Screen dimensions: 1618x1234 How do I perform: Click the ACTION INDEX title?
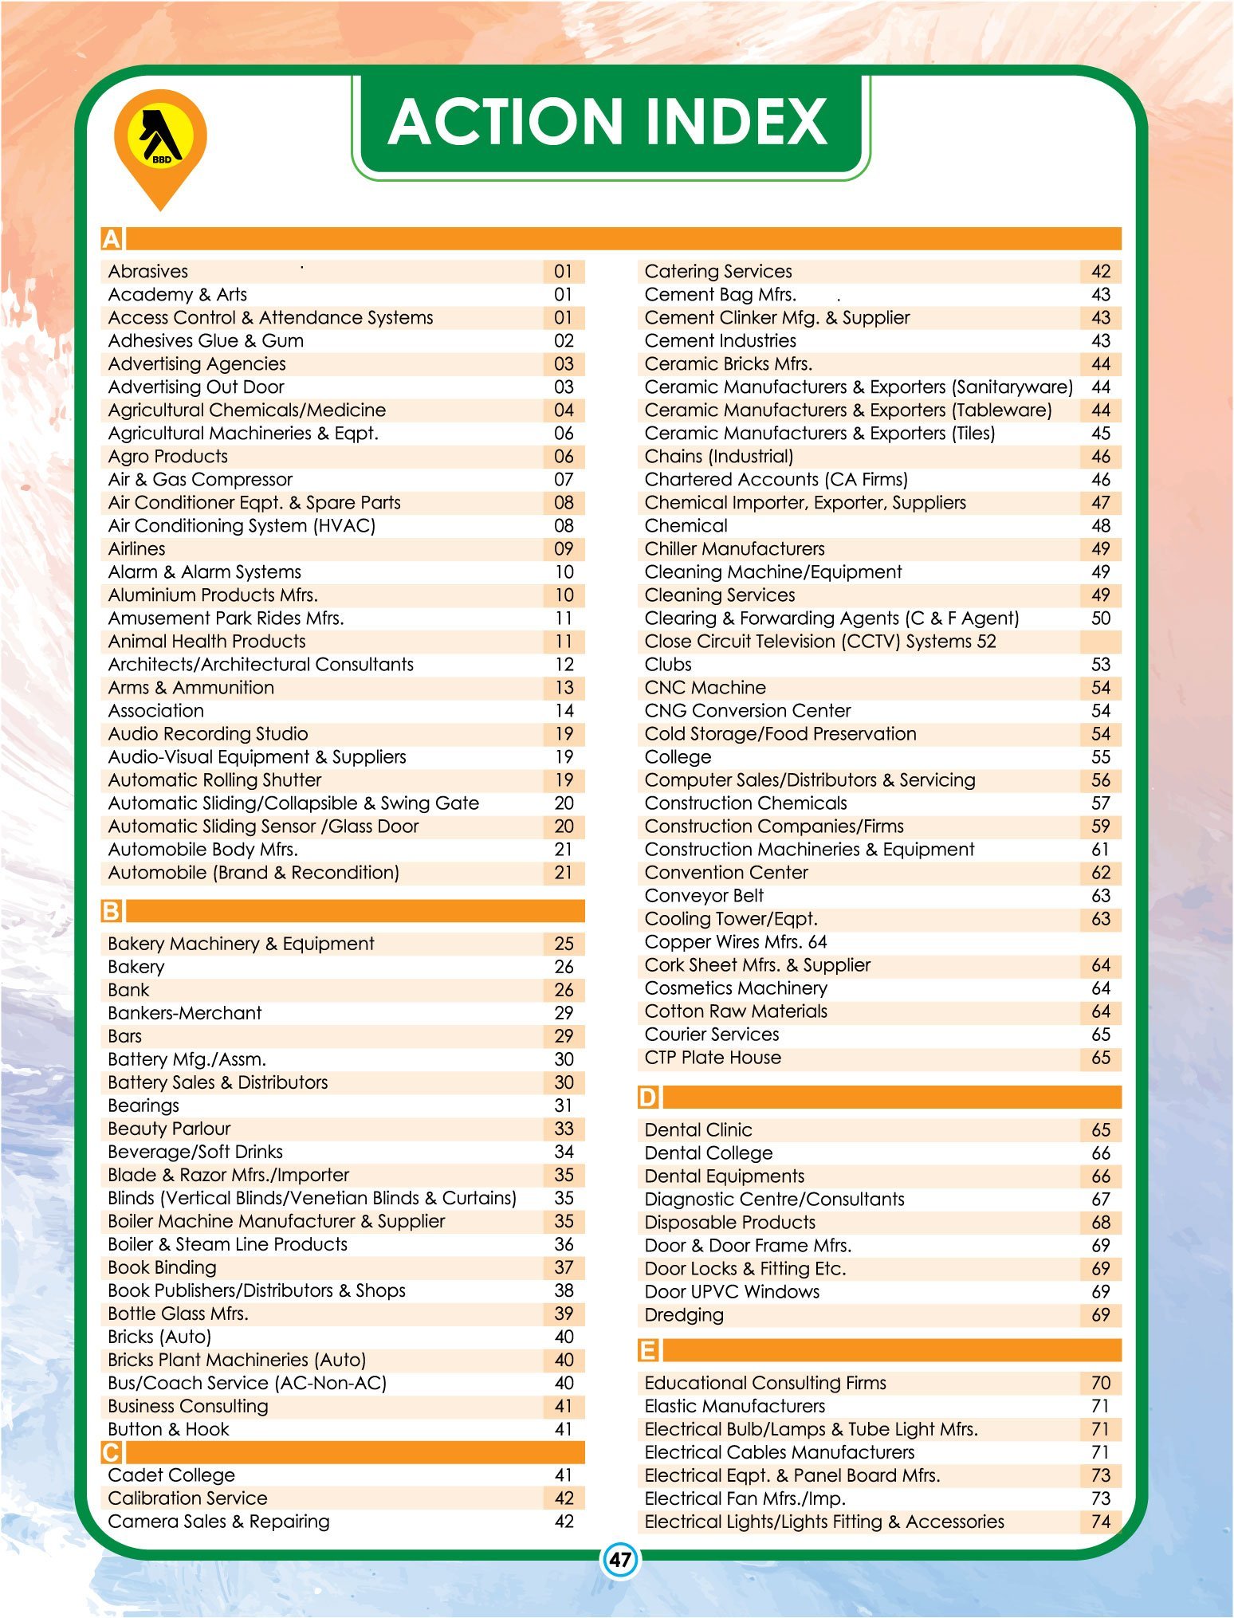pyautogui.click(x=608, y=122)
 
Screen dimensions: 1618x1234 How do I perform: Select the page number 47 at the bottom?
pyautogui.click(x=619, y=1559)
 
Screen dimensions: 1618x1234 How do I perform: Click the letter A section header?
pyautogui.click(x=112, y=239)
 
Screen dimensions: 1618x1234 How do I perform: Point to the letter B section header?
pyautogui.click(x=112, y=911)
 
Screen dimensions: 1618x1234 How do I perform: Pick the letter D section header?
pyautogui.click(x=648, y=1098)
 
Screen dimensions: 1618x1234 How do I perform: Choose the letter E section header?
pyautogui.click(x=648, y=1350)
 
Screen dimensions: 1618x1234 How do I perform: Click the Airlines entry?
pyautogui.click(x=137, y=549)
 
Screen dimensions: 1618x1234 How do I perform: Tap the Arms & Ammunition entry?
pyautogui.click(x=191, y=688)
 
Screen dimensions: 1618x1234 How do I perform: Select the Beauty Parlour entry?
pyautogui.click(x=169, y=1129)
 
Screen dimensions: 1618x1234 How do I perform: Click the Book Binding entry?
pyautogui.click(x=163, y=1267)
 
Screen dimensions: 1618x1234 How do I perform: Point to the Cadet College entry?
pyautogui.click(x=171, y=1475)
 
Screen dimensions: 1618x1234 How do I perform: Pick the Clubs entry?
pyautogui.click(x=668, y=665)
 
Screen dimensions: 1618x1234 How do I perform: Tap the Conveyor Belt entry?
pyautogui.click(x=704, y=896)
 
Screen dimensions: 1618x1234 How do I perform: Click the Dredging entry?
pyautogui.click(x=684, y=1315)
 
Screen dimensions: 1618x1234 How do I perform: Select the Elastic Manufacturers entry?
pyautogui.click(x=734, y=1406)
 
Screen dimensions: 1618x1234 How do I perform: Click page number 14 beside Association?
pyautogui.click(x=564, y=711)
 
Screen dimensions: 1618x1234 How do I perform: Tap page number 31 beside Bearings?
pyautogui.click(x=564, y=1106)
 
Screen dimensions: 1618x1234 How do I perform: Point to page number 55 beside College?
pyautogui.click(x=1101, y=757)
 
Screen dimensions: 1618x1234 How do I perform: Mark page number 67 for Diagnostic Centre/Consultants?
pyautogui.click(x=1101, y=1200)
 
